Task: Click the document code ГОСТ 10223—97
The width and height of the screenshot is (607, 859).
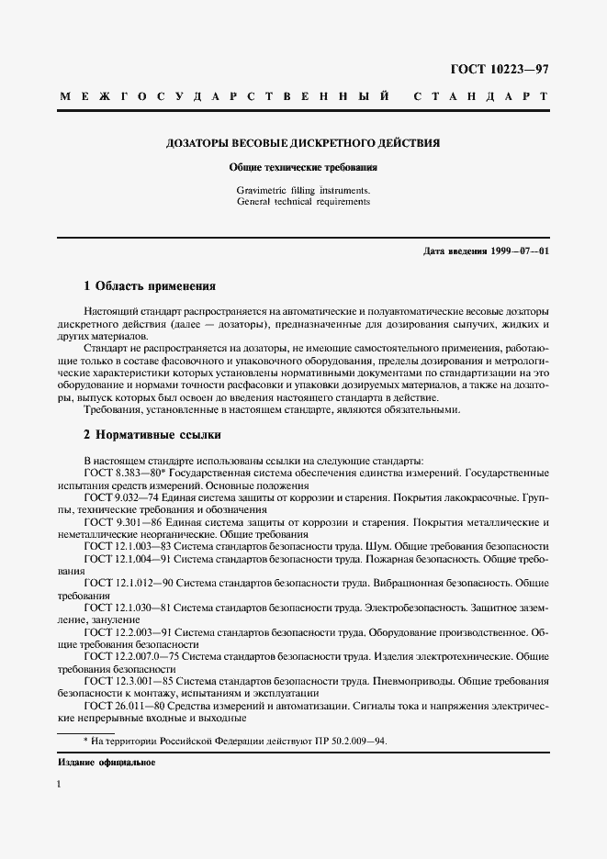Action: click(x=499, y=69)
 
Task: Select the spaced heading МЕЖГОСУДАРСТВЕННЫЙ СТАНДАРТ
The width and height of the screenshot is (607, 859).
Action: click(x=303, y=96)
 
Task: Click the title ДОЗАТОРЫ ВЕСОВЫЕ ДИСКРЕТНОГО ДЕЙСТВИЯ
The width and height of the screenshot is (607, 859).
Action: click(x=303, y=144)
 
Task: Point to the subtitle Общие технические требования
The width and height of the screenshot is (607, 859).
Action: click(x=303, y=169)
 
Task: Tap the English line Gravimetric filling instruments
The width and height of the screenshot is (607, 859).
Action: click(x=303, y=190)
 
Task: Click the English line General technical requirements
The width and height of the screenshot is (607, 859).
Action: click(x=303, y=201)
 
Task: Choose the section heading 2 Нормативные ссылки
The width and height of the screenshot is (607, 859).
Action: click(x=152, y=434)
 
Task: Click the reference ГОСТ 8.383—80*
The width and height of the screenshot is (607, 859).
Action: click(x=124, y=472)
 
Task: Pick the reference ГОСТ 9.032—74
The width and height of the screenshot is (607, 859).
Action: click(x=122, y=496)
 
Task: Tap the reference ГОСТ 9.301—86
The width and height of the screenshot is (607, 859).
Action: click(x=122, y=521)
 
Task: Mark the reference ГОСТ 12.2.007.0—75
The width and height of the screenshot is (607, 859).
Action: click(x=132, y=657)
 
